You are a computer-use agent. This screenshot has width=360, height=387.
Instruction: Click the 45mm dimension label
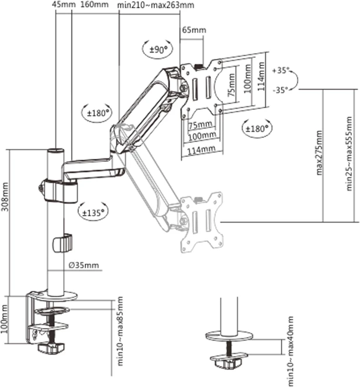[64, 5]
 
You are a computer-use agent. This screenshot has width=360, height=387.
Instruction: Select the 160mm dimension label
[95, 5]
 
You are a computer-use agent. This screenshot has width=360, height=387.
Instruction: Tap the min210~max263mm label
[155, 5]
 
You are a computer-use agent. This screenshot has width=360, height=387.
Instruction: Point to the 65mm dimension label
[194, 30]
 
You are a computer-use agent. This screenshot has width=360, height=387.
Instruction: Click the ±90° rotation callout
[158, 50]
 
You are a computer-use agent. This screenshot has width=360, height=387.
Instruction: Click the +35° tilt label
[281, 70]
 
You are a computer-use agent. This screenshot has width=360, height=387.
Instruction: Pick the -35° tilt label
[281, 90]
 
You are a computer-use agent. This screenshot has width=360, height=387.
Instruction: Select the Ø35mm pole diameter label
[84, 265]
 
